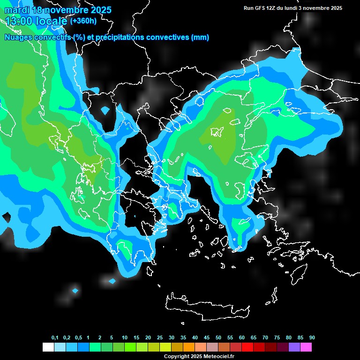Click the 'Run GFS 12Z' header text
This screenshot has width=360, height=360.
(x=263, y=8)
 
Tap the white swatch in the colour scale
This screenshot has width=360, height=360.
(x=48, y=347)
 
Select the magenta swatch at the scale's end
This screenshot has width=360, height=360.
(x=306, y=347)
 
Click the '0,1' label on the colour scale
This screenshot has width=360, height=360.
(x=55, y=338)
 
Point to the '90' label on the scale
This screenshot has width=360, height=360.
(x=312, y=338)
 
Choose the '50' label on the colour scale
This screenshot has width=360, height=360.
(x=218, y=338)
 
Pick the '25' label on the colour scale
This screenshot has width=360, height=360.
(x=160, y=338)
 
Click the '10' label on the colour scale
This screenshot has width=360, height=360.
(x=125, y=338)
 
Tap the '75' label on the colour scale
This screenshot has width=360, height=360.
(x=277, y=338)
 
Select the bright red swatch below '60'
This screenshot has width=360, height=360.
(x=247, y=347)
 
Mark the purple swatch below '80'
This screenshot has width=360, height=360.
(x=294, y=347)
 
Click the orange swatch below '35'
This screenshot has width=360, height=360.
(x=188, y=347)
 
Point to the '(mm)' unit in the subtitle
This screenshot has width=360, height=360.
(x=200, y=37)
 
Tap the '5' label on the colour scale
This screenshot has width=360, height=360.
(x=111, y=338)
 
